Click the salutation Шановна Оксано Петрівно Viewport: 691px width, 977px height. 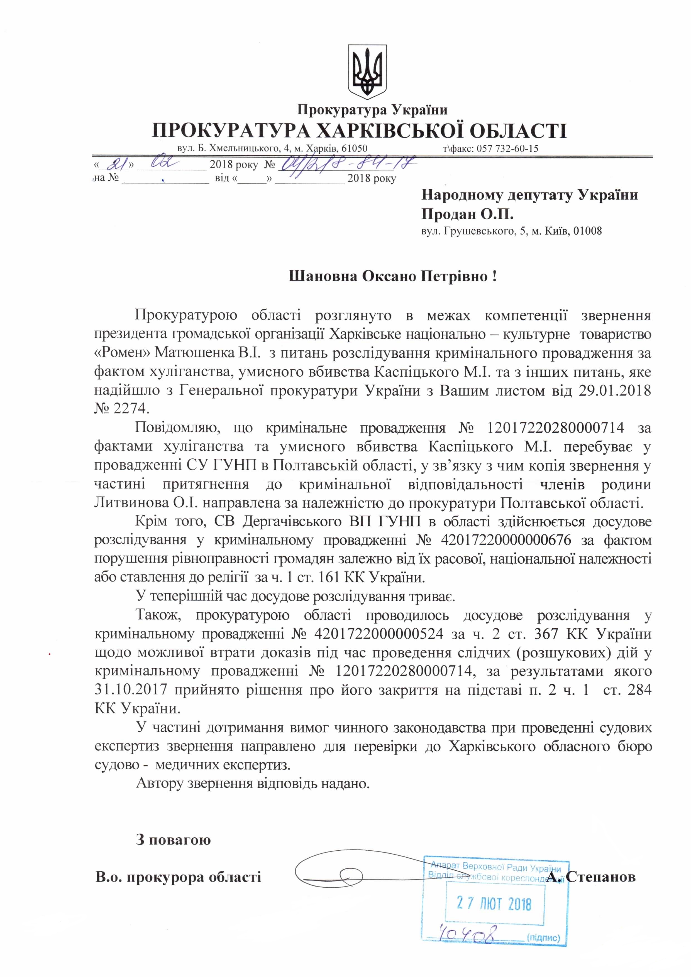tap(392, 277)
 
